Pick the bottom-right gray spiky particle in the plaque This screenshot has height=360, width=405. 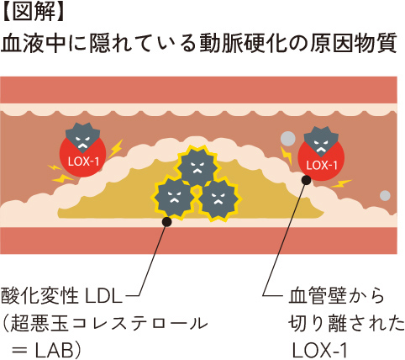219,199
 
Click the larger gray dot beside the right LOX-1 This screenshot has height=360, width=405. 288,138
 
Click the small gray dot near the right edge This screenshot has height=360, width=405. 385,195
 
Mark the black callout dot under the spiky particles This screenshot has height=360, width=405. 167,221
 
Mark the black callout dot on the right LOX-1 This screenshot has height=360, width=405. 307,180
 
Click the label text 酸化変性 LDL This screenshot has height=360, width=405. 61,296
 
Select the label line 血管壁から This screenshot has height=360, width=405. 336,296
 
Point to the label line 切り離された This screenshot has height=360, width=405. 346,323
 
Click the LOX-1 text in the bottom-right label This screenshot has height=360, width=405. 320,350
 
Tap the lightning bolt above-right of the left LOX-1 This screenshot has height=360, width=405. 115,148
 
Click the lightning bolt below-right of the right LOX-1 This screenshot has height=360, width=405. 341,183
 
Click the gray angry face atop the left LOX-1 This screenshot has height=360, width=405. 82,138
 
